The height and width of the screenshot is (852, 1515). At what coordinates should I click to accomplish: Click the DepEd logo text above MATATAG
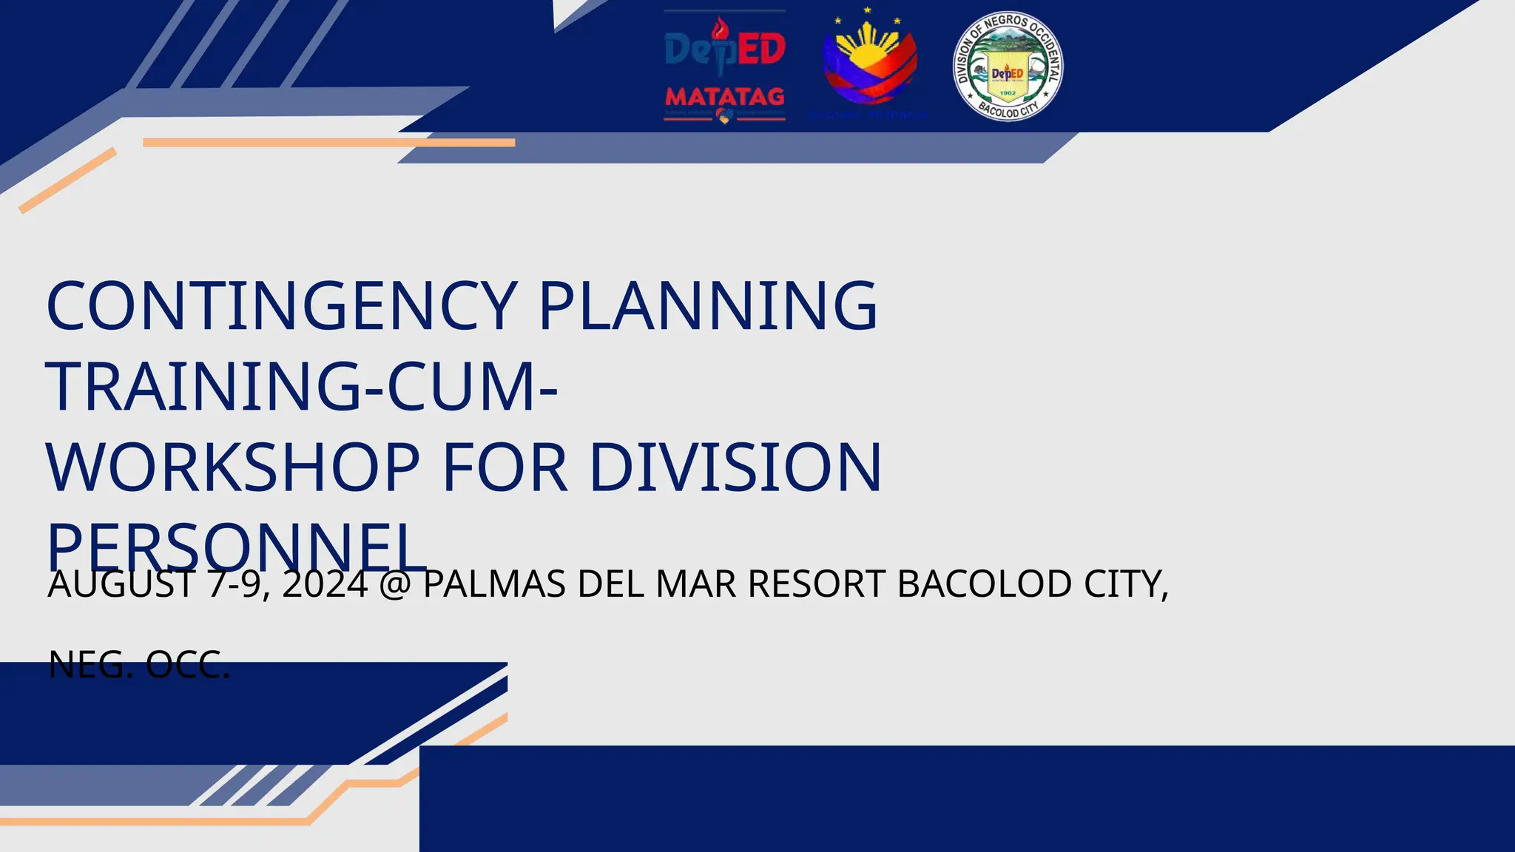(724, 49)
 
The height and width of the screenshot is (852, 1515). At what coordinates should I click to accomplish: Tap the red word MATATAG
(724, 97)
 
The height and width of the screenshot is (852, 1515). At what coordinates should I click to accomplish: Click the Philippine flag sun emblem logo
(869, 64)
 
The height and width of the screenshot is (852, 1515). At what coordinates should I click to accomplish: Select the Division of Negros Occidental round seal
(1008, 67)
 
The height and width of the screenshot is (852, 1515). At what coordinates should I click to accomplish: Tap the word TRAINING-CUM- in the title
(302, 387)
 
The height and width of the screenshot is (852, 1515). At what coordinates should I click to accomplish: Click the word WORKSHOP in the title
(233, 467)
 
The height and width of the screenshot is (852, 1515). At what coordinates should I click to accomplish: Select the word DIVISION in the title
(735, 467)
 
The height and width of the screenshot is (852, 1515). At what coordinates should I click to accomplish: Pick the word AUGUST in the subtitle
(121, 584)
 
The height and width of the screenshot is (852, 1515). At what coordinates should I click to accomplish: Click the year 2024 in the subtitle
(325, 584)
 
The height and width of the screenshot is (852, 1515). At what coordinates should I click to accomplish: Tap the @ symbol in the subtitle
(395, 585)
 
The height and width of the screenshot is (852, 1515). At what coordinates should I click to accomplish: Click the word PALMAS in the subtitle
(494, 584)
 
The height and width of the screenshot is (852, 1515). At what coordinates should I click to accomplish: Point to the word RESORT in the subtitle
(817, 584)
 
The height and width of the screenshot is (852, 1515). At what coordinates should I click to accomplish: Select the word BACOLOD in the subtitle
(985, 584)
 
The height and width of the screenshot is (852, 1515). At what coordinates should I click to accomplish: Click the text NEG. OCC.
(139, 665)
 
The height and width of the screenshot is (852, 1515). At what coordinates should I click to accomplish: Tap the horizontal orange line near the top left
(328, 142)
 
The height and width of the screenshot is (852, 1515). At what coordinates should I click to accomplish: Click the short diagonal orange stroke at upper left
(67, 180)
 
